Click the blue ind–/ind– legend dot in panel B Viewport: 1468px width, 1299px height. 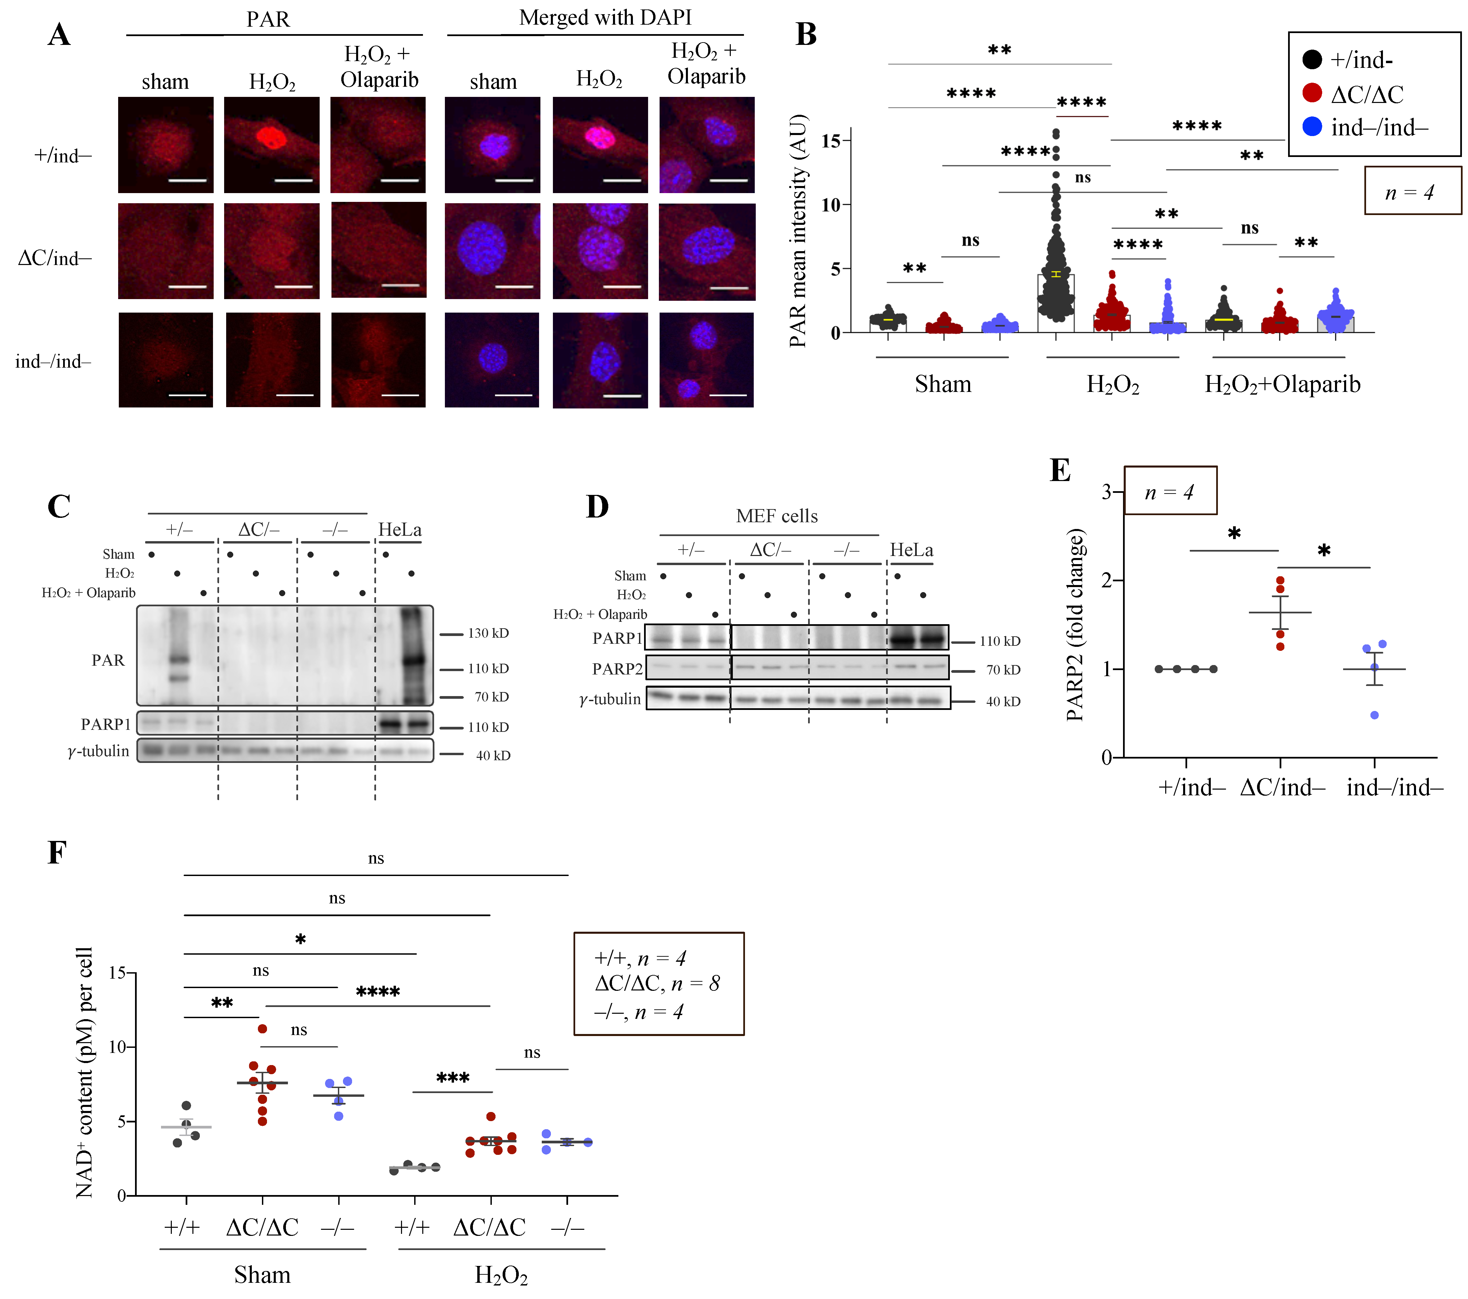1311,127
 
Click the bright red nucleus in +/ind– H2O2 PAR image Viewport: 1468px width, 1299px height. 271,137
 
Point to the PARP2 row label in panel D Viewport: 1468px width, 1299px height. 617,669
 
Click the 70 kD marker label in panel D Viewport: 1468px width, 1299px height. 1003,670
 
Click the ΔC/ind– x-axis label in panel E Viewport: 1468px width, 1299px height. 1282,788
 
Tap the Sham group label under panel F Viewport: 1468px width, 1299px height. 262,1275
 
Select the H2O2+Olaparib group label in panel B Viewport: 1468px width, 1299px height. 1282,384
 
